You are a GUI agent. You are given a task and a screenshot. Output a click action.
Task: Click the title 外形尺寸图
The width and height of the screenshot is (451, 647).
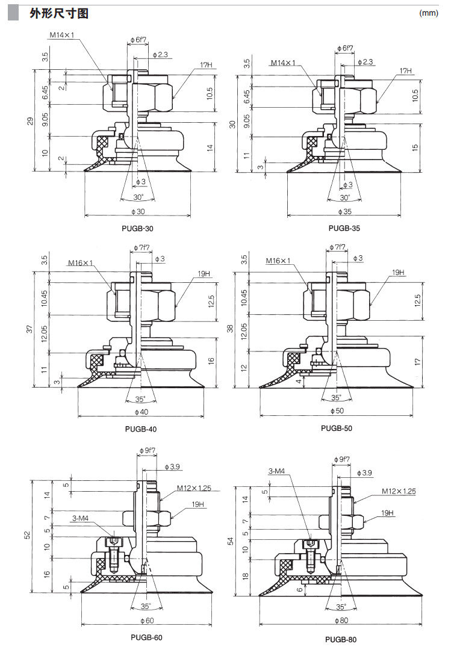pos(59,13)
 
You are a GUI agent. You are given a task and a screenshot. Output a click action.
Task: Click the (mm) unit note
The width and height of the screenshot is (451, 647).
pos(428,13)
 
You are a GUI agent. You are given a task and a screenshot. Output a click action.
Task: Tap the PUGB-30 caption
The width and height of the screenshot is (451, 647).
pos(138,229)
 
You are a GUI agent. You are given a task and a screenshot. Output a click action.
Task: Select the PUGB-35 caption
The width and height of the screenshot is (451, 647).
pos(344,229)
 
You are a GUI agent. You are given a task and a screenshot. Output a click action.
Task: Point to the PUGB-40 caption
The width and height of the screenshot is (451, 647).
pos(141,429)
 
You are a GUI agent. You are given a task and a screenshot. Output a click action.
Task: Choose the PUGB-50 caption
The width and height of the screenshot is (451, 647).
pos(337,429)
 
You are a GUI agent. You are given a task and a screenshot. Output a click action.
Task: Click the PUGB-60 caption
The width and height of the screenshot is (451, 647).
pos(146,637)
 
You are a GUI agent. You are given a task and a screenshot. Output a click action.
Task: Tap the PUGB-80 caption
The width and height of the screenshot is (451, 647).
pos(341,640)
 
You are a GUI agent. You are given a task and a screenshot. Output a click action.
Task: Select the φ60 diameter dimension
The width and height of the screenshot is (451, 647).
pos(147,620)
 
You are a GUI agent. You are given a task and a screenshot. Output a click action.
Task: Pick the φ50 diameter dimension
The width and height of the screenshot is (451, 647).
pos(338,410)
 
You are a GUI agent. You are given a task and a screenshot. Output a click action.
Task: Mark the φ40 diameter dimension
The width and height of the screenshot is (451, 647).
pos(140,412)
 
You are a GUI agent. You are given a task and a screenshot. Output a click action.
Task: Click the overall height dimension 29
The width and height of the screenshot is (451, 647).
pos(30,120)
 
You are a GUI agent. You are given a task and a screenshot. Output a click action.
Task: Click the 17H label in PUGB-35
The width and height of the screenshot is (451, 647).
pos(406,70)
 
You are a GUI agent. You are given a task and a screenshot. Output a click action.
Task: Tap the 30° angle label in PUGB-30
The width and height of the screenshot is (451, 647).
pos(138,197)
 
